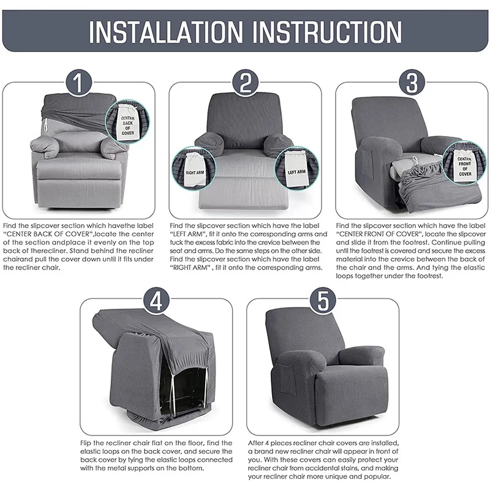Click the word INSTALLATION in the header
coord(165,32)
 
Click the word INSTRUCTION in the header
coord(327,32)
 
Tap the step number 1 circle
coord(79,83)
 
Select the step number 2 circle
coord(246,83)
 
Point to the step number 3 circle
coord(412,83)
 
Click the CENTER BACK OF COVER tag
coord(127,124)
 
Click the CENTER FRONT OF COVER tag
coord(465,165)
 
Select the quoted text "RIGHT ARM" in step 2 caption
coord(190,268)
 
